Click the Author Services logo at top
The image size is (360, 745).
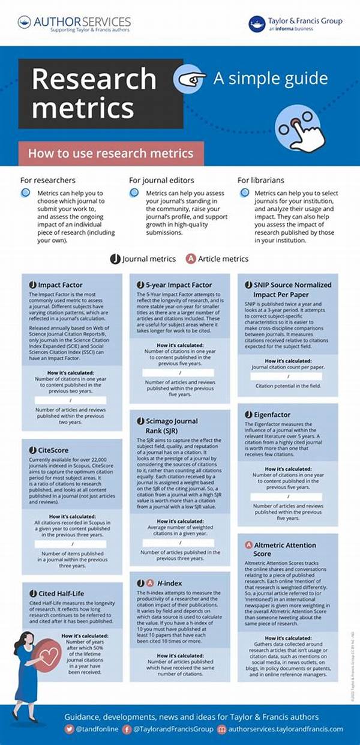(x=74, y=23)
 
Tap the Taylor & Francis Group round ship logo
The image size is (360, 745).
(x=257, y=24)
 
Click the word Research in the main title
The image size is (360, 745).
(x=94, y=78)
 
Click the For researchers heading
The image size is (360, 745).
(x=48, y=180)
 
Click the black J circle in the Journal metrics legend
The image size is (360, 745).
(x=115, y=259)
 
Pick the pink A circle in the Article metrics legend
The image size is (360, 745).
(x=191, y=259)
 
